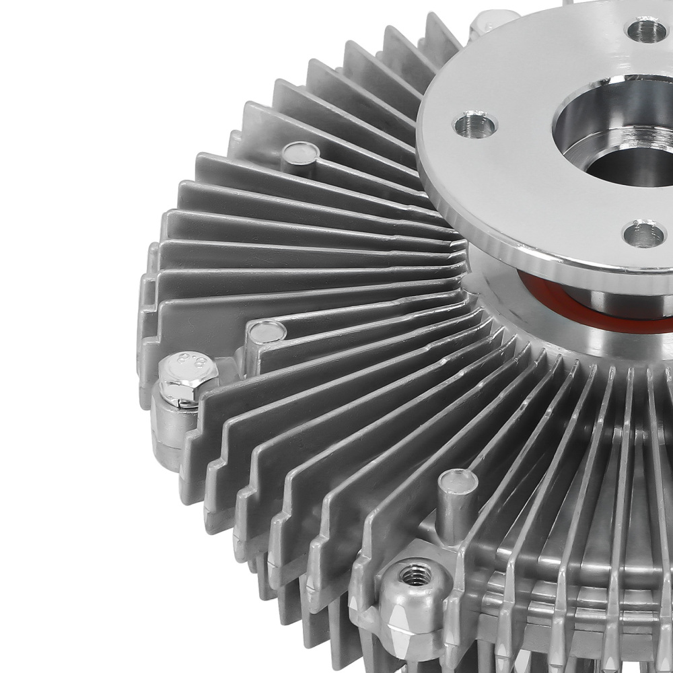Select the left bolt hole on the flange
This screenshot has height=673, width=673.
coord(475,125)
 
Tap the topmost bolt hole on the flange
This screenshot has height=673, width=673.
coord(647,28)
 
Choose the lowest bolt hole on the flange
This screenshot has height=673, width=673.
coord(643,234)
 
